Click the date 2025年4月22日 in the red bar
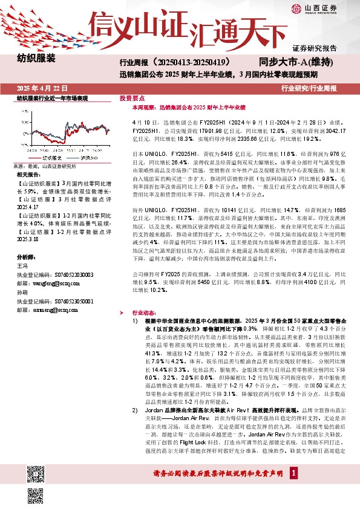point(42,88)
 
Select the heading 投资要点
point(132,97)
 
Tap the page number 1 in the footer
point(293,490)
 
